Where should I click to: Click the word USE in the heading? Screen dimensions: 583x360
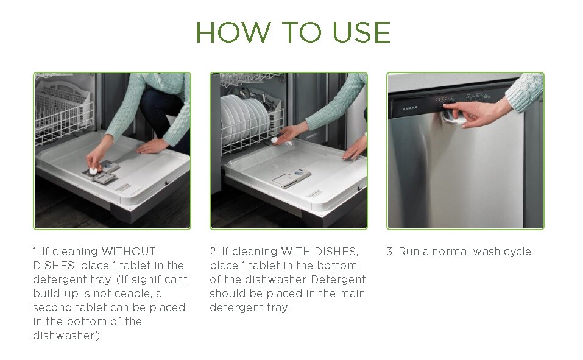point(361,32)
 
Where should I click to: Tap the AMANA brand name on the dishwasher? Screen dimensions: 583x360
point(410,108)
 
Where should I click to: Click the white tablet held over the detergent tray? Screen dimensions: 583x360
point(93,171)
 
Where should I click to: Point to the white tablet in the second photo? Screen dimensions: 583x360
point(275,140)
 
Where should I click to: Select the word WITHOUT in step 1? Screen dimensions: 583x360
point(129,252)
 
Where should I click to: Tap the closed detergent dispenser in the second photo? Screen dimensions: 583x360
point(292,178)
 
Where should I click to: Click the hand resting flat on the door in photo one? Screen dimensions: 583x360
point(152,146)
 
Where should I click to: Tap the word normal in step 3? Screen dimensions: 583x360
point(451,252)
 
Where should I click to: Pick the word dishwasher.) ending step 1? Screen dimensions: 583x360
point(66,336)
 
